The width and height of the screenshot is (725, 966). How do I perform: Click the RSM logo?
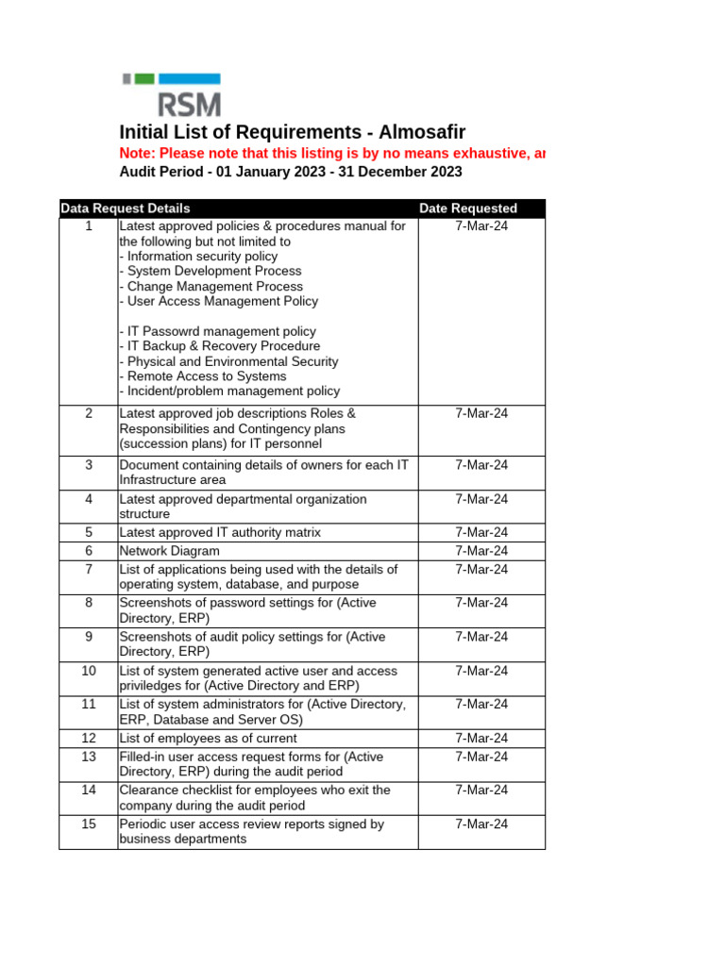(x=172, y=94)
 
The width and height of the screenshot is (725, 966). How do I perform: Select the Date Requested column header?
(x=468, y=208)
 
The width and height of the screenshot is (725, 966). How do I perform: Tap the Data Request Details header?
(x=125, y=208)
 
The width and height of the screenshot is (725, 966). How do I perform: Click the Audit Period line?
(x=291, y=172)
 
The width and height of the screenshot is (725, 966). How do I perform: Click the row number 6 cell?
(x=89, y=551)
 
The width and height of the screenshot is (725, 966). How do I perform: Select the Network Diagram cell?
(x=170, y=551)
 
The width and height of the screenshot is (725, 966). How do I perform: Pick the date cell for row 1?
(x=481, y=226)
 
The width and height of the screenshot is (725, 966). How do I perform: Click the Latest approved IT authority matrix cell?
(x=220, y=532)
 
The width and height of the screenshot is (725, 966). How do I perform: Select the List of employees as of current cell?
(x=208, y=738)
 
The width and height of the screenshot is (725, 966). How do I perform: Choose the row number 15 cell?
(x=89, y=824)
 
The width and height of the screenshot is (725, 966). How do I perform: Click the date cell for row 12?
(x=481, y=738)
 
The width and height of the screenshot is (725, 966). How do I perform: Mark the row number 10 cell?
(x=89, y=671)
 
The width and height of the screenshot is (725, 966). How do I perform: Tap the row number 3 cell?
(x=89, y=465)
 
